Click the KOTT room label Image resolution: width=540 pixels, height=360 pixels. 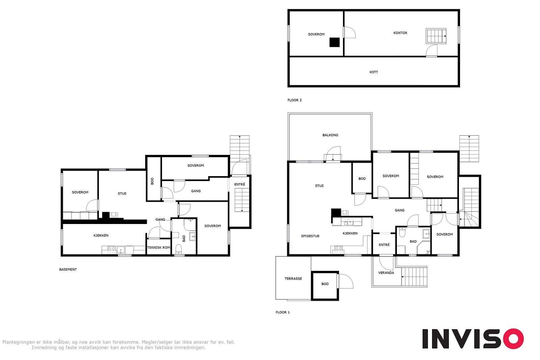pyautogui.click(x=374, y=72)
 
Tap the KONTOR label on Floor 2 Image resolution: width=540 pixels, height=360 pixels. pyautogui.click(x=400, y=33)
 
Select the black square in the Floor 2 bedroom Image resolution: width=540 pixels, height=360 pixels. pyautogui.click(x=334, y=42)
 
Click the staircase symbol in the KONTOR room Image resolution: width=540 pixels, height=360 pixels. pyautogui.click(x=436, y=36)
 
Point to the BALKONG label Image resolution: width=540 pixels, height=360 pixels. pyautogui.click(x=330, y=135)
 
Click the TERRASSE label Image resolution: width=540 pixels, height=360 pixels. pyautogui.click(x=293, y=279)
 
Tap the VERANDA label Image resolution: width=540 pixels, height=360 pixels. pyautogui.click(x=386, y=273)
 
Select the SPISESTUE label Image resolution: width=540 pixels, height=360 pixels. pyautogui.click(x=310, y=236)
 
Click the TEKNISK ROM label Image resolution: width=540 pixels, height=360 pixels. pyautogui.click(x=159, y=247)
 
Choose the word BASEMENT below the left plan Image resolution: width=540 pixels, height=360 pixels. pyautogui.click(x=68, y=269)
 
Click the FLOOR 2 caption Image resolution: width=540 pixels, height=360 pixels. pyautogui.click(x=294, y=100)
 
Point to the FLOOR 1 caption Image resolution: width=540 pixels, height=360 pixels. pyautogui.click(x=282, y=312)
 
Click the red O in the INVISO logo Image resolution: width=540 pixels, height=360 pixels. pyautogui.click(x=513, y=338)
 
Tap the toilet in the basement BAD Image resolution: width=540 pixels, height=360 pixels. pyautogui.click(x=179, y=249)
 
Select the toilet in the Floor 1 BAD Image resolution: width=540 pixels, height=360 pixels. pyautogui.click(x=402, y=232)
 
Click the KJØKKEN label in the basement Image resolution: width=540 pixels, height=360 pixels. pyautogui.click(x=101, y=236)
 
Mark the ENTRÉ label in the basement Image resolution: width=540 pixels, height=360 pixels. pyautogui.click(x=239, y=184)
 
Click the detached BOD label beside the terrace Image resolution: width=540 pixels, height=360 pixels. pyautogui.click(x=325, y=284)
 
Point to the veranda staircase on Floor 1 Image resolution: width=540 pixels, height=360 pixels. pyautogui.click(x=414, y=276)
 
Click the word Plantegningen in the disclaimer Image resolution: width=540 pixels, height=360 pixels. pyautogui.click(x=18, y=342)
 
